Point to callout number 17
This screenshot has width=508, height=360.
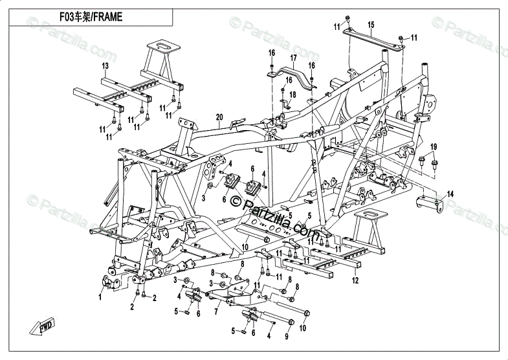[x=293, y=57]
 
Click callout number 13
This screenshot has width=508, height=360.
[x=104, y=67]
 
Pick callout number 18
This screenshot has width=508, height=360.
[x=293, y=95]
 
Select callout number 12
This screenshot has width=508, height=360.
[x=355, y=281]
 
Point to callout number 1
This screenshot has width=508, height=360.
[x=100, y=297]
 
